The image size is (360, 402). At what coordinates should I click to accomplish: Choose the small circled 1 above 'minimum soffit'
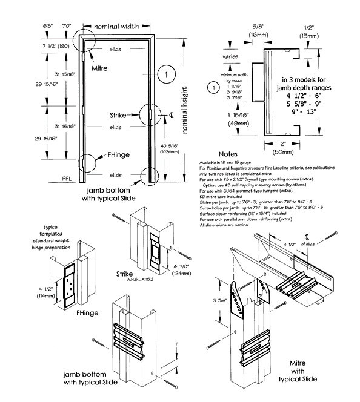(x=210, y=87)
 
